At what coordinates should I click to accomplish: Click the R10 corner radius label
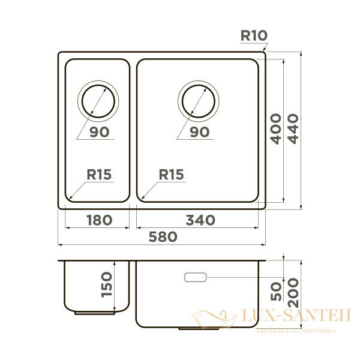[253, 35]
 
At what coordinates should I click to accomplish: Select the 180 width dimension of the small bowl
[98, 220]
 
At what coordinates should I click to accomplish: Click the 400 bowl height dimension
[275, 129]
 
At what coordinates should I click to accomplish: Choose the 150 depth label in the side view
[106, 285]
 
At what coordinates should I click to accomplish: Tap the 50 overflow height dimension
[276, 292]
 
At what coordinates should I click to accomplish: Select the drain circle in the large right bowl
[199, 100]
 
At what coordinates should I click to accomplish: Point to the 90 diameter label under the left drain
[99, 133]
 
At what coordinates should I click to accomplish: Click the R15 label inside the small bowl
[99, 175]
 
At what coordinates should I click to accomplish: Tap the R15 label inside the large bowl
[171, 175]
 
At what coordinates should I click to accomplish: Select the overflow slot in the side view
[196, 277]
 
